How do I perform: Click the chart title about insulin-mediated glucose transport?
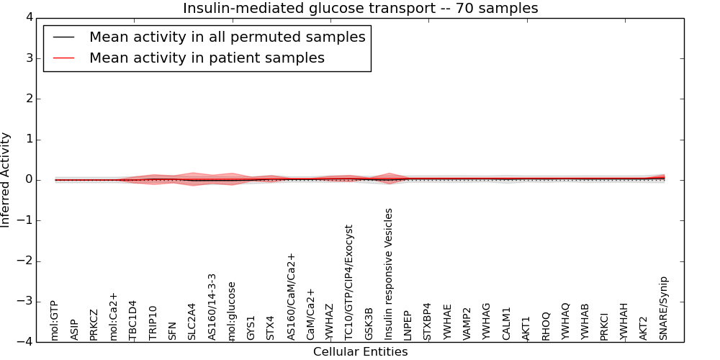coord(360,9)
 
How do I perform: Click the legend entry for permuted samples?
coord(227,37)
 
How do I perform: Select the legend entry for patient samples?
coord(207,58)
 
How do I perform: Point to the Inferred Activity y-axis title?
coord(6,180)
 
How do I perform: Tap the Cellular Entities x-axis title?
coord(360,352)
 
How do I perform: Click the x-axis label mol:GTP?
coord(55,321)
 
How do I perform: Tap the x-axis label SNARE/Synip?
coord(664,308)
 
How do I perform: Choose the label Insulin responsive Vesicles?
coord(389,274)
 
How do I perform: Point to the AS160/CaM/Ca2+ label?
coord(291,297)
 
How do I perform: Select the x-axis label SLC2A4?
coord(192,321)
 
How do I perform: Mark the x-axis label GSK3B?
coord(369,324)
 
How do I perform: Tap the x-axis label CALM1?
coord(506,323)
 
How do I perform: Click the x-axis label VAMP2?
coord(467,323)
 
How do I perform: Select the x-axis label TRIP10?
coord(153,323)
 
